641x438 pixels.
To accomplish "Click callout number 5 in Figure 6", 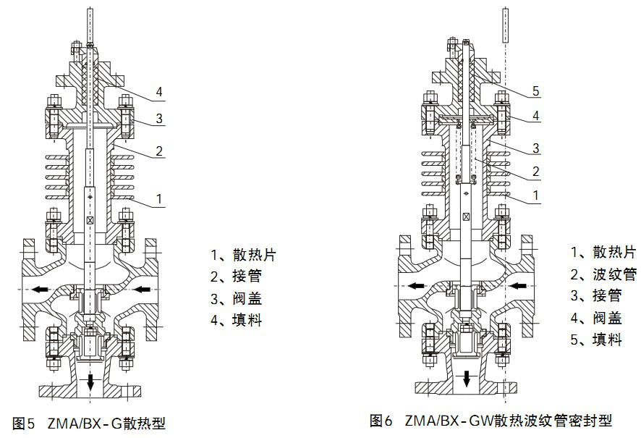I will tap(536, 91).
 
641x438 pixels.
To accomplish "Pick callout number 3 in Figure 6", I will tap(536, 148).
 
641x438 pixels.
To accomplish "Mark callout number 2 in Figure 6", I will tap(536, 172).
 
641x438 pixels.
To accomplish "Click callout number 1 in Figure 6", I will tap(536, 195).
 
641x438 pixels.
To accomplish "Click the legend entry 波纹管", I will tap(603, 274).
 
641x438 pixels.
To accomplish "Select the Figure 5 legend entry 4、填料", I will tap(236, 319).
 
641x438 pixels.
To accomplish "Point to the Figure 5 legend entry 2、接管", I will tap(236, 276).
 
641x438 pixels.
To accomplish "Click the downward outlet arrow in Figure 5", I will tap(90, 382).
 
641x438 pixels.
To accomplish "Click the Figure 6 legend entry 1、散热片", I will tap(603, 253).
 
